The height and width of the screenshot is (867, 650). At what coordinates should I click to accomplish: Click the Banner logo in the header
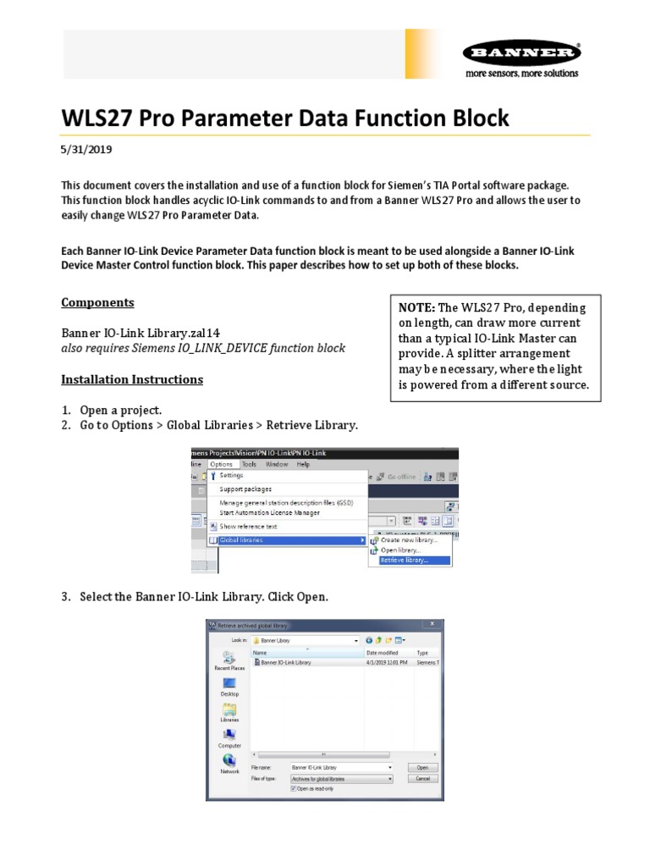click(521, 53)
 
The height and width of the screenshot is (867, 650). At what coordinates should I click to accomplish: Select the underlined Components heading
click(97, 302)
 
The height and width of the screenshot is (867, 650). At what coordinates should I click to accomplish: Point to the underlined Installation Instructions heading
click(132, 379)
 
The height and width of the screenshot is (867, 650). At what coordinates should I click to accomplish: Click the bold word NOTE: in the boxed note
click(417, 308)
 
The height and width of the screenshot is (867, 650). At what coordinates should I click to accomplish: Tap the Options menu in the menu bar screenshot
click(222, 464)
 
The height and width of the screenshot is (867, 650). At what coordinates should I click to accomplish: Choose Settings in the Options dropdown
click(231, 476)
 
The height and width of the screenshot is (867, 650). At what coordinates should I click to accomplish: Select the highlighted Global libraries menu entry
click(241, 539)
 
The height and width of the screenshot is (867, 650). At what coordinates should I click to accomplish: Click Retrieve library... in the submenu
click(405, 560)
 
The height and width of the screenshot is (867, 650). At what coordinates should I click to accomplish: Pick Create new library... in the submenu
click(409, 539)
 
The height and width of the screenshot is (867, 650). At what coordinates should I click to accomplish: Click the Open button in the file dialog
click(422, 767)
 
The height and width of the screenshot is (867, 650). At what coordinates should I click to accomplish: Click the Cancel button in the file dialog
click(422, 778)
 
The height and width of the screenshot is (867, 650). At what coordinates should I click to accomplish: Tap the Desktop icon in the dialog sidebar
click(229, 687)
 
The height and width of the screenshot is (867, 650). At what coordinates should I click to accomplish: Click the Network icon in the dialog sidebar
click(229, 765)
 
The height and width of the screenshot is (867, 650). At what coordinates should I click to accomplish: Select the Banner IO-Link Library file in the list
click(285, 662)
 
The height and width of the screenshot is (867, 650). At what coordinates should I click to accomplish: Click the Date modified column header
click(383, 653)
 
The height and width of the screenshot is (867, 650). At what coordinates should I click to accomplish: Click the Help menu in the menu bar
click(303, 464)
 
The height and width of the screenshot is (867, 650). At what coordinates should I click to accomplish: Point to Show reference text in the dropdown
click(248, 526)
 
